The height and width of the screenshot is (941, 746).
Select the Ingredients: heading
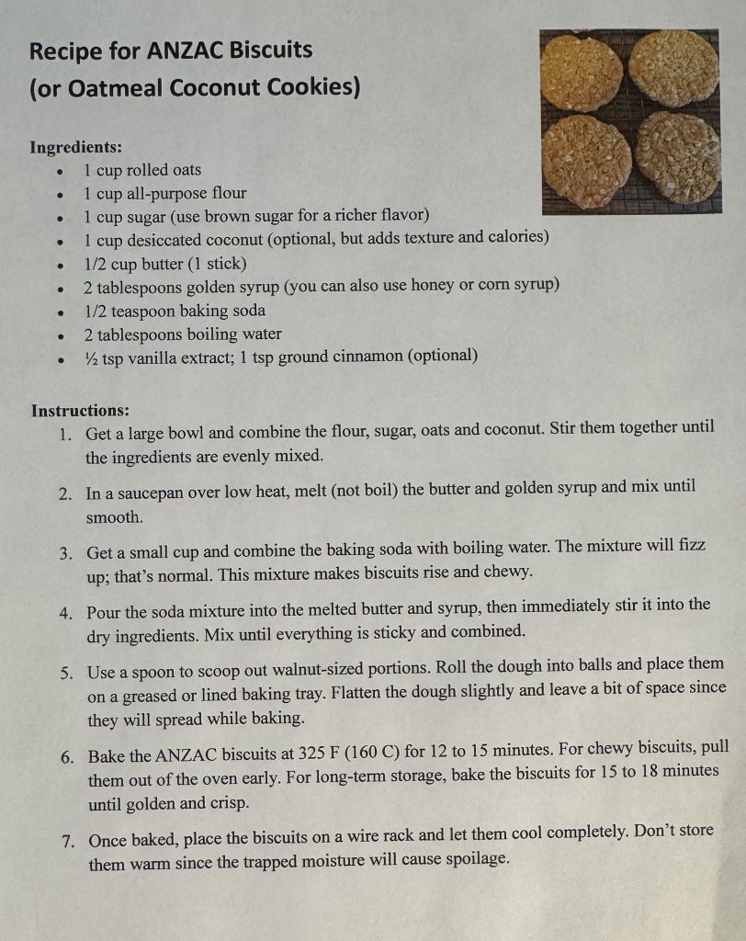click(76, 147)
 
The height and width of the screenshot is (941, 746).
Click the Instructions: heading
click(80, 410)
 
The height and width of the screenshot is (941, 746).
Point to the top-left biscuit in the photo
click(582, 73)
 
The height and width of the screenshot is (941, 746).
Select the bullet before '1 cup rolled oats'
click(59, 171)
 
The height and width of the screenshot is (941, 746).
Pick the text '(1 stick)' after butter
click(217, 263)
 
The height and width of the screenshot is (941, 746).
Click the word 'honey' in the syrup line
click(433, 286)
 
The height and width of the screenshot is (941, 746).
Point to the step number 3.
click(66, 553)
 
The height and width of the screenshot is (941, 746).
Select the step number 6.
click(67, 757)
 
